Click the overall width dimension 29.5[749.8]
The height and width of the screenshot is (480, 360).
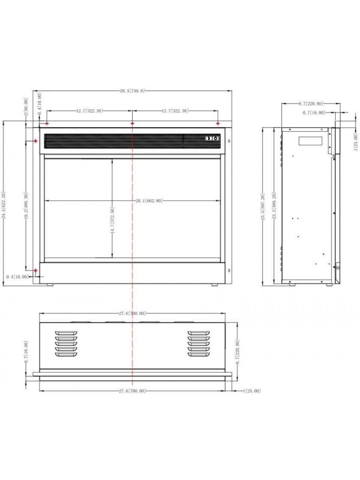(x=132, y=90)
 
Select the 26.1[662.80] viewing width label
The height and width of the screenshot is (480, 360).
(x=149, y=201)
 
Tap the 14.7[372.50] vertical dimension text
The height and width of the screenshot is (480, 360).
(x=112, y=221)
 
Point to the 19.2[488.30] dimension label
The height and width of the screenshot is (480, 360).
(x=26, y=206)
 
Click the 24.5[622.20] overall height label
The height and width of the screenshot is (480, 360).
(x=4, y=205)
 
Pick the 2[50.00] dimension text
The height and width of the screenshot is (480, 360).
(x=26, y=107)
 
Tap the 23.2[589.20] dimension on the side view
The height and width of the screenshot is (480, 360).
(x=274, y=205)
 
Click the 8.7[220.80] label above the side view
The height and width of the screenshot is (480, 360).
(x=311, y=103)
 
